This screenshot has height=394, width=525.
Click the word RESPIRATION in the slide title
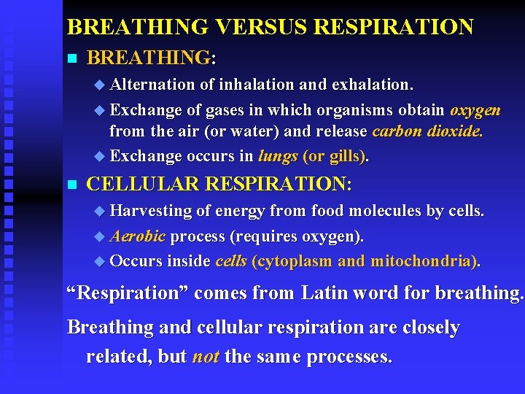pyautogui.click(x=394, y=28)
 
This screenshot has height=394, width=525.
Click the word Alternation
pyautogui.click(x=152, y=85)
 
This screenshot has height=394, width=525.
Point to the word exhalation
pyautogui.click(x=373, y=85)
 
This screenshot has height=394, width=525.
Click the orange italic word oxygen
pyautogui.click(x=475, y=110)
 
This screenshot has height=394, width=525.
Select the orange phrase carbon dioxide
pyautogui.click(x=427, y=133)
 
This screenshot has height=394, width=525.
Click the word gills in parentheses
pyautogui.click(x=347, y=156)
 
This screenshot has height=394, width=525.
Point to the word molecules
pyautogui.click(x=385, y=212)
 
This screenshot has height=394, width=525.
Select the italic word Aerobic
pyautogui.click(x=138, y=237)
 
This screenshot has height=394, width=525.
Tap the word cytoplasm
pyautogui.click(x=295, y=261)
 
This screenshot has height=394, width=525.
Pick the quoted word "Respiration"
pyautogui.click(x=126, y=293)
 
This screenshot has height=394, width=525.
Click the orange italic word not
pyautogui.click(x=206, y=358)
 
